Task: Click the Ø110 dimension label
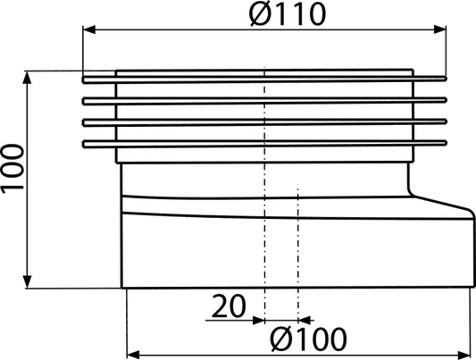pyautogui.click(x=288, y=14)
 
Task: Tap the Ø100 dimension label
pyautogui.click(x=308, y=339)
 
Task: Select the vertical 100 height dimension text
pyautogui.click(x=13, y=169)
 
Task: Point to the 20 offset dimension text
pyautogui.click(x=229, y=306)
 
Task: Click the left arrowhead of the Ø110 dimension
pyautogui.click(x=89, y=29)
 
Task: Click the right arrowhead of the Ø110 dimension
pyautogui.click(x=440, y=29)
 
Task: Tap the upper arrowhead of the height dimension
pyautogui.click(x=28, y=77)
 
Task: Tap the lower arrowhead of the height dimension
pyautogui.click(x=28, y=281)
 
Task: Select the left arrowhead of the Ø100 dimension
pyautogui.click(x=133, y=355)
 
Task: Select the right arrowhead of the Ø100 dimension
pyautogui.click(x=464, y=355)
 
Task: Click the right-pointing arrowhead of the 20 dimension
pyautogui.click(x=258, y=320)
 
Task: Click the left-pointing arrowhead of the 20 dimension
pyautogui.click(x=305, y=320)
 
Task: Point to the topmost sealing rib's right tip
pyautogui.click(x=446, y=79)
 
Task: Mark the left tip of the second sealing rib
pyautogui.click(x=83, y=101)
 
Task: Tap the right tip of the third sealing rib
pyautogui.click(x=446, y=121)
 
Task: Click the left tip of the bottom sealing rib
pyautogui.click(x=83, y=144)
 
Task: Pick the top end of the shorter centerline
pyautogui.click(x=298, y=185)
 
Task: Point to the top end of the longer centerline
pyautogui.click(x=264, y=66)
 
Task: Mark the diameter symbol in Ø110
pyautogui.click(x=260, y=14)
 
